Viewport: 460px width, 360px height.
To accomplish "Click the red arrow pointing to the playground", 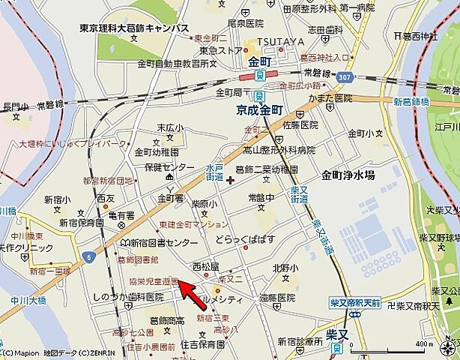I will pyautogui.click(x=192, y=292).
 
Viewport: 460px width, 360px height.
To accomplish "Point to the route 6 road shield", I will pyautogui.click(x=89, y=256).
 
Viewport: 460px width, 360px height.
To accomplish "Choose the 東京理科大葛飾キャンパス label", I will pyautogui.click(x=134, y=28).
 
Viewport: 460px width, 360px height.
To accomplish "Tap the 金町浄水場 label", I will pyautogui.click(x=348, y=175).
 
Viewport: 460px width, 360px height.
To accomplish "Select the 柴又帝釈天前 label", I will pyautogui.click(x=355, y=302).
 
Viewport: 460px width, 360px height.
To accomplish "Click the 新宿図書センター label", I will pyautogui.click(x=161, y=243).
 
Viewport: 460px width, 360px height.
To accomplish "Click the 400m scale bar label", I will pyautogui.click(x=424, y=343).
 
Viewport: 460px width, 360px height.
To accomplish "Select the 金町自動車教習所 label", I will pyautogui.click(x=172, y=64).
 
